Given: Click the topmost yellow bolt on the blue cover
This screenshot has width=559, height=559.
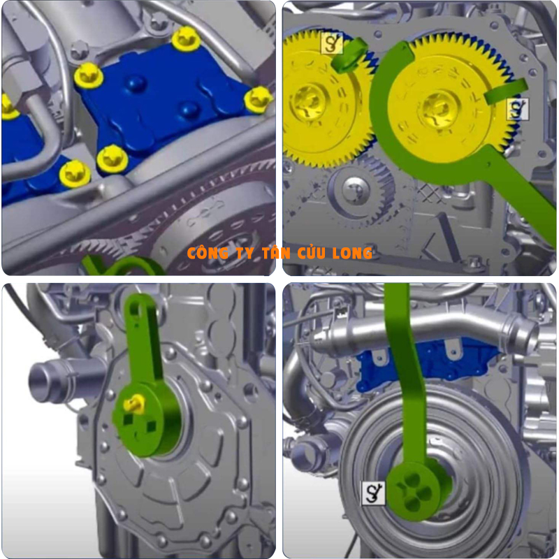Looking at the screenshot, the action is pos(186,38).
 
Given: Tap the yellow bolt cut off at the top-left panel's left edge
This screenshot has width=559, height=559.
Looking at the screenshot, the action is pos(8,106).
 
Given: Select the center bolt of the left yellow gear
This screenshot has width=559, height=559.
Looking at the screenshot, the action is pos(308,101).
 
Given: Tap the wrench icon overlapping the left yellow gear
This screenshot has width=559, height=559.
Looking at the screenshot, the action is pos(332,43).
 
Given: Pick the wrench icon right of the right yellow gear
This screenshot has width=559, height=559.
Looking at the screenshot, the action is pos(518,109).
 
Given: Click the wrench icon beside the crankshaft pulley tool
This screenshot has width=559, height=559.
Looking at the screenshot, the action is pos(373,493).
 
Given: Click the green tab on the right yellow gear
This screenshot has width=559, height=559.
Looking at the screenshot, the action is pos(506,92).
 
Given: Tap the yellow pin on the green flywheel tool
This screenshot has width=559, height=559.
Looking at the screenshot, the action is pos(134,405).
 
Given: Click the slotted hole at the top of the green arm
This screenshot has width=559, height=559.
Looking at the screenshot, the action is pos(135,307).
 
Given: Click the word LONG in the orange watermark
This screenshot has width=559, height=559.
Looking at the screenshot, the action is pos(352,253).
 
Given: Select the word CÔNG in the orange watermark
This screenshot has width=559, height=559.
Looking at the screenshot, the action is pos(208,253).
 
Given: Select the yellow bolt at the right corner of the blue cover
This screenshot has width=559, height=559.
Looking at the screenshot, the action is pos(258,100).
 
